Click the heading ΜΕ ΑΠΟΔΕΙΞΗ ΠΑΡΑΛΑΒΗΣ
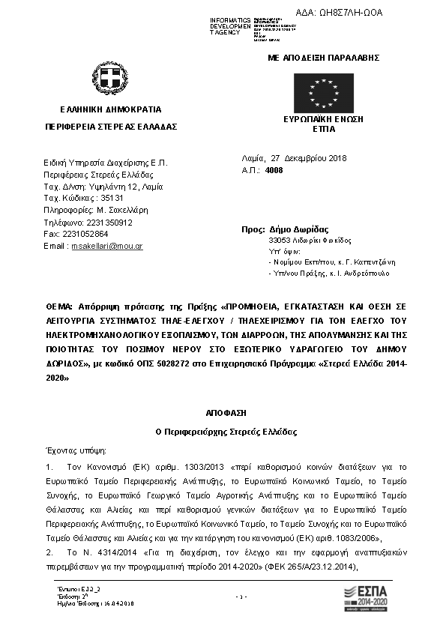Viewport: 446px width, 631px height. tap(324, 58)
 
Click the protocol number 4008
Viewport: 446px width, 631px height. tap(274, 171)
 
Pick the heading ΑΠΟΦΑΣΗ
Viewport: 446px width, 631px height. tap(223, 413)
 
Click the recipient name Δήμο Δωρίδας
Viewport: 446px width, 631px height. tap(298, 229)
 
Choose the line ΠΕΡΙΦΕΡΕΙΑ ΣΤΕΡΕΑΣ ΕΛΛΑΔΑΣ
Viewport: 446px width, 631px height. tap(111, 127)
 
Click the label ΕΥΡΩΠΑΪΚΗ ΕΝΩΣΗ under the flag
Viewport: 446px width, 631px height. tap(323, 120)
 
